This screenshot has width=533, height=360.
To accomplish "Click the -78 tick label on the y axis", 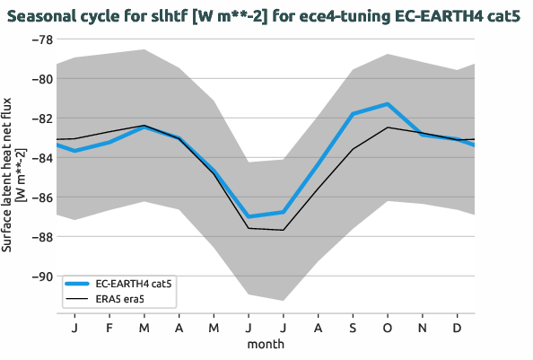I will (x=39, y=40).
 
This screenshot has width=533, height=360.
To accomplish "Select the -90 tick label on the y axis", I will (x=39, y=277).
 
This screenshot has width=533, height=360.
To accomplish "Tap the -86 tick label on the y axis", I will (x=39, y=198).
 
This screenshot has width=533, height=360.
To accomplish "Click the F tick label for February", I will (x=109, y=328).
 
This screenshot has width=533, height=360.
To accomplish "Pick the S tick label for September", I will (x=353, y=328).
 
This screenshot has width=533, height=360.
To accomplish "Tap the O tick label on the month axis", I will (x=388, y=328).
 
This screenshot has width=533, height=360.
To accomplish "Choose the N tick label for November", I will (x=423, y=328).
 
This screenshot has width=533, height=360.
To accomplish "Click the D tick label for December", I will (x=458, y=328).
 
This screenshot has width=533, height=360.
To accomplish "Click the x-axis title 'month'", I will (x=266, y=344).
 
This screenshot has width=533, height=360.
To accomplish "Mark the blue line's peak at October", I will (x=388, y=104).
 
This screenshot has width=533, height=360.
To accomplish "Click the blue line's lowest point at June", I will (x=248, y=217).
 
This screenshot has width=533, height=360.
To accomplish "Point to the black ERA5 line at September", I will (x=353, y=149).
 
